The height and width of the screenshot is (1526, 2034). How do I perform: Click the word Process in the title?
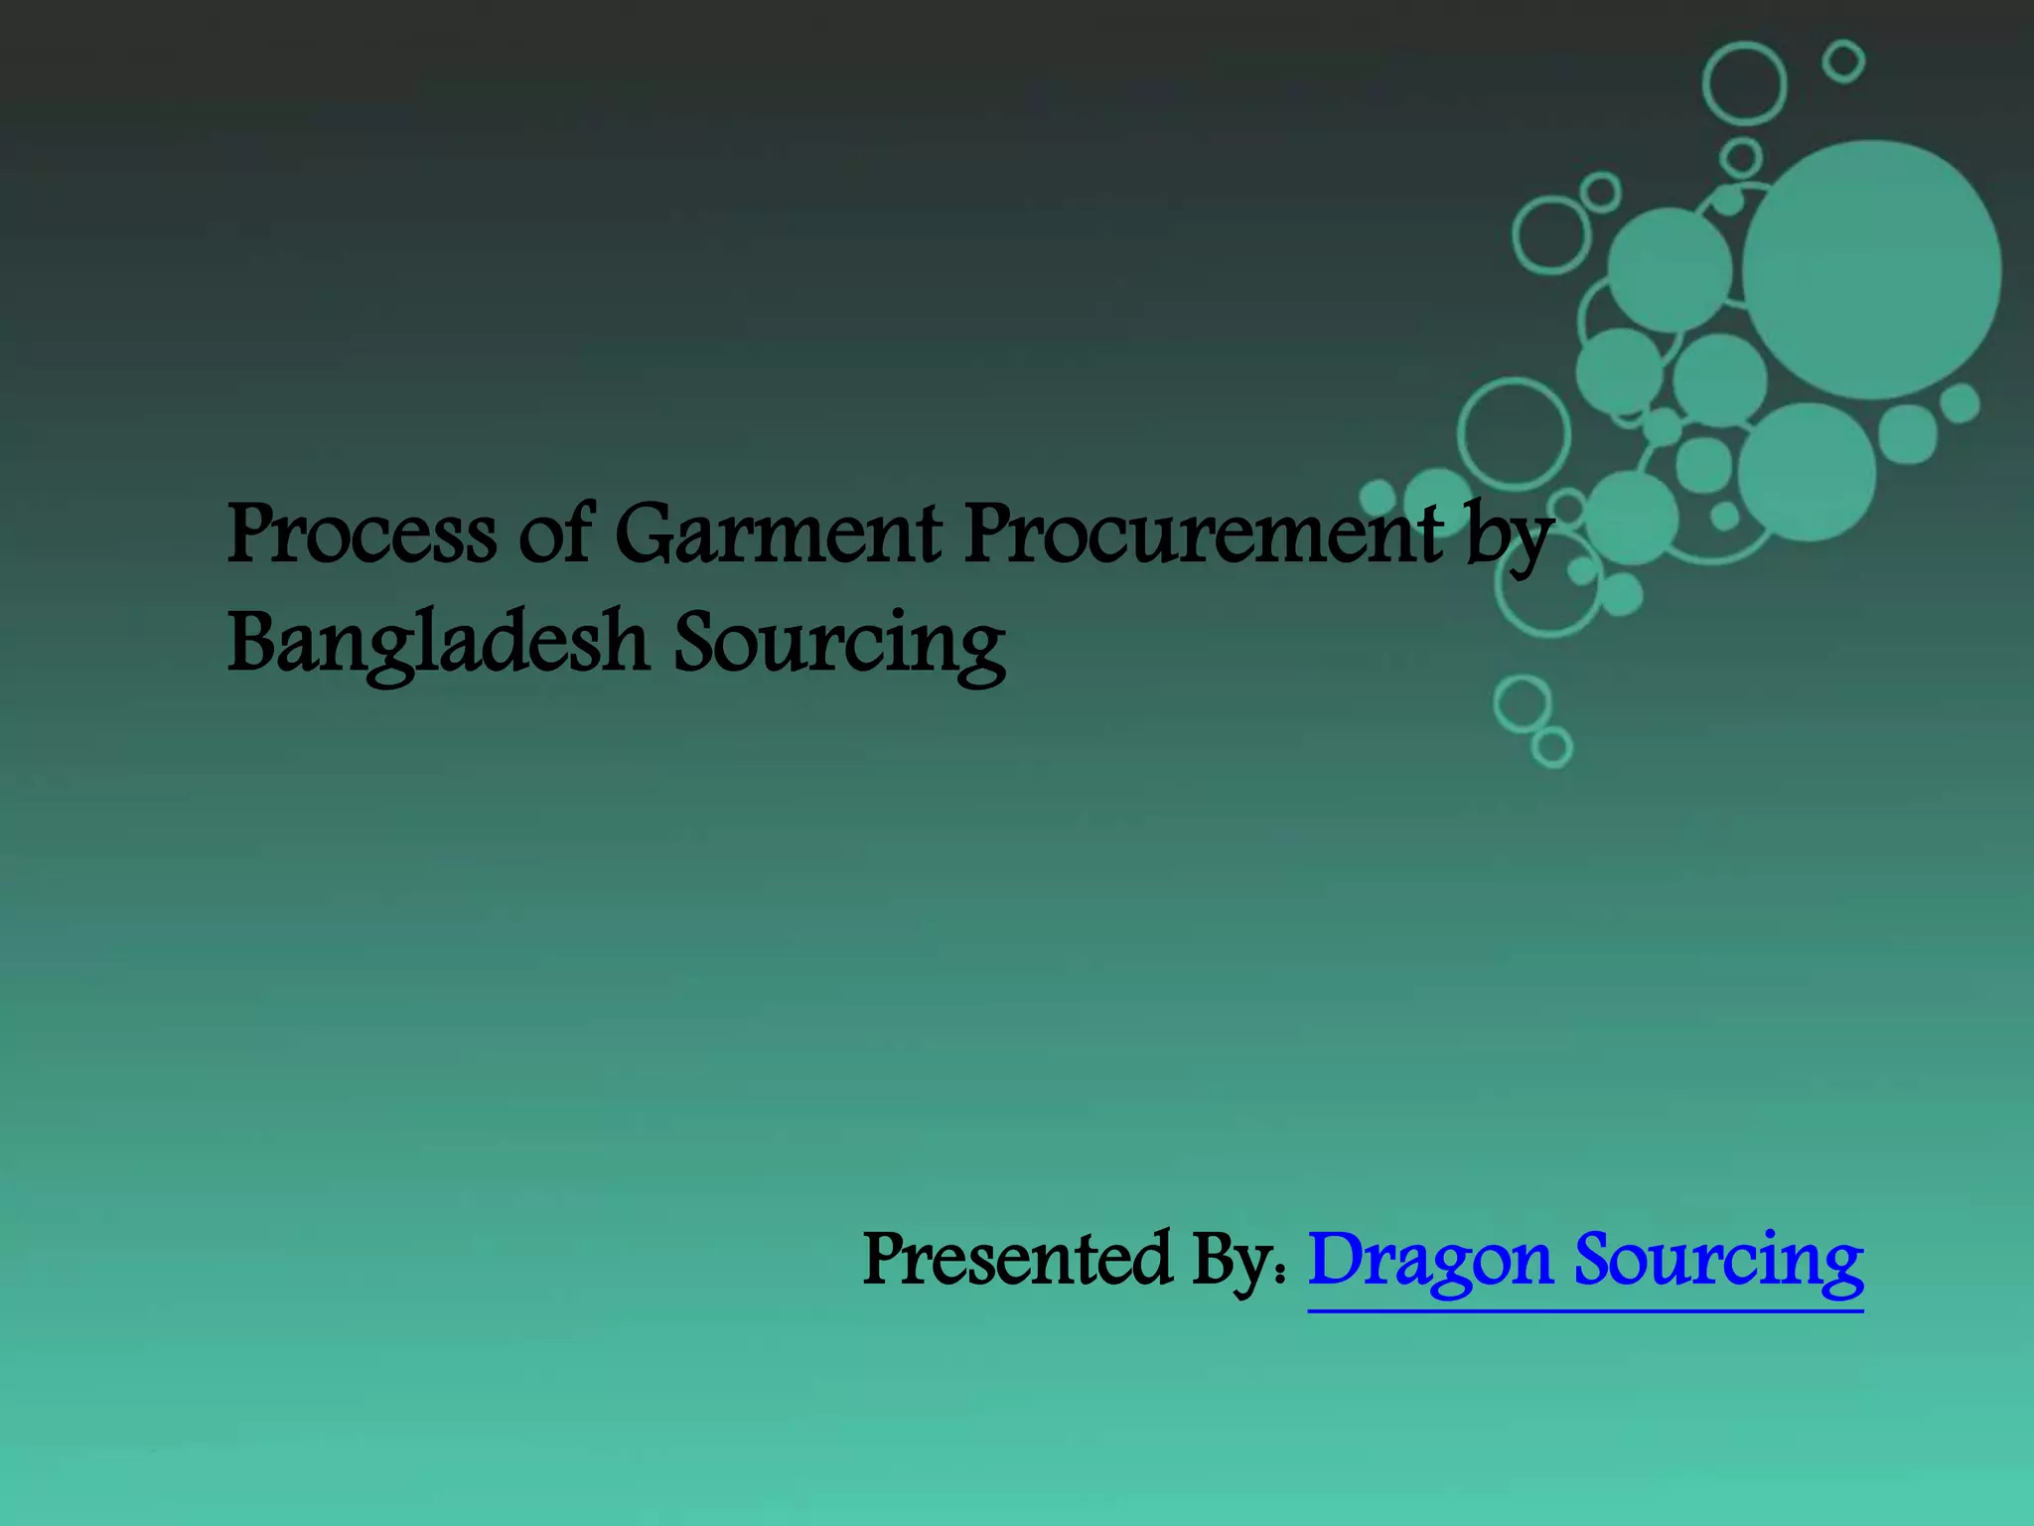click(361, 534)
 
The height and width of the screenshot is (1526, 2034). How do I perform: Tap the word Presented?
click(1017, 1259)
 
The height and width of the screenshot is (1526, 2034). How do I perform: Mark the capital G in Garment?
click(646, 534)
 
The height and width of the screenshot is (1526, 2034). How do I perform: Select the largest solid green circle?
click(1871, 270)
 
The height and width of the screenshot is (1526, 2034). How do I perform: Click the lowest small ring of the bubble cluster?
click(1551, 746)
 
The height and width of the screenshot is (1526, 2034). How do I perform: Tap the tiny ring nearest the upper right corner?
click(1843, 62)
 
